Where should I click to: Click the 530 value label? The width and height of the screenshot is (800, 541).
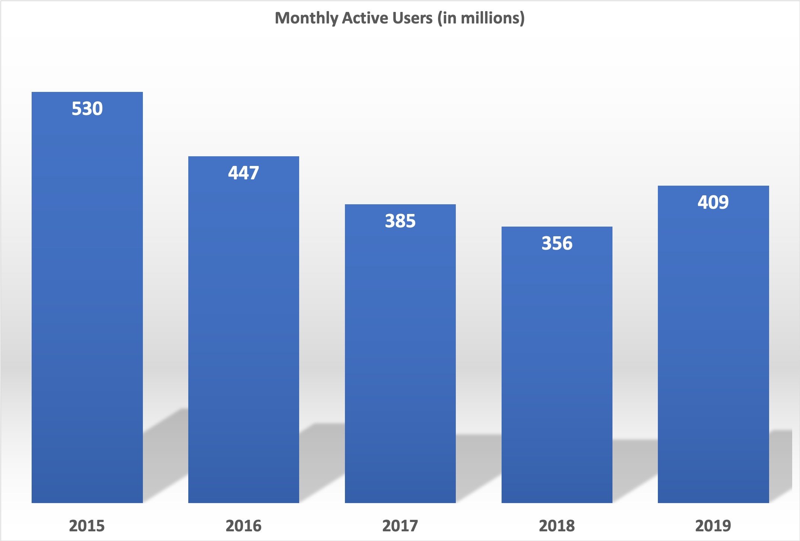(x=87, y=109)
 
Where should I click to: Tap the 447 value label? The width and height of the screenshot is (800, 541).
(x=243, y=173)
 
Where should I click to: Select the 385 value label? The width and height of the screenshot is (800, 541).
(x=400, y=221)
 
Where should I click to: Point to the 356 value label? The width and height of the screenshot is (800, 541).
(x=557, y=243)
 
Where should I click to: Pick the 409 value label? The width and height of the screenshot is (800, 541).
(x=713, y=202)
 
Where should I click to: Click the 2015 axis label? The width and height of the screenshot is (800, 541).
(x=87, y=526)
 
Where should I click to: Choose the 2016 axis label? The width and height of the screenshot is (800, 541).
(x=243, y=526)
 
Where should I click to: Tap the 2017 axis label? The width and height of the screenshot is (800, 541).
(x=400, y=526)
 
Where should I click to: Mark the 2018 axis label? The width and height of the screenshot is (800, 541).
(x=557, y=526)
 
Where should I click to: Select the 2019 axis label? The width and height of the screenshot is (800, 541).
(x=713, y=526)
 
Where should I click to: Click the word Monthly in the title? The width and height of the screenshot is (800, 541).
(x=306, y=18)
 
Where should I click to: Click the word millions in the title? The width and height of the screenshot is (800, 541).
(x=490, y=18)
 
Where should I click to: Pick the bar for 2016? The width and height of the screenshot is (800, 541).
(x=243, y=335)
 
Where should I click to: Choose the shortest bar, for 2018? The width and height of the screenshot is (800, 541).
(x=557, y=372)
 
